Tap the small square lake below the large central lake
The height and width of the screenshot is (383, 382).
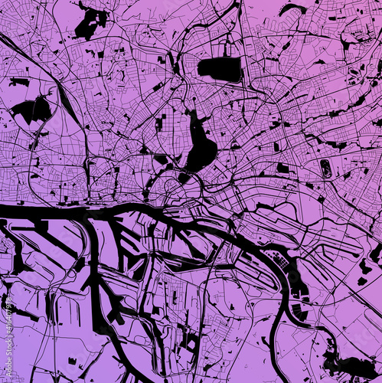point(184,177)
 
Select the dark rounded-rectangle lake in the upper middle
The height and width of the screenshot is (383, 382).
point(220,69)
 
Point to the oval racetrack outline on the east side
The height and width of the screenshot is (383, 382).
point(327,169)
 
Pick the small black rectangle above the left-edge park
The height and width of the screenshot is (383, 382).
point(19,81)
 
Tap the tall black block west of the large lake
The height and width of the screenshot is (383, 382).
point(159,123)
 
